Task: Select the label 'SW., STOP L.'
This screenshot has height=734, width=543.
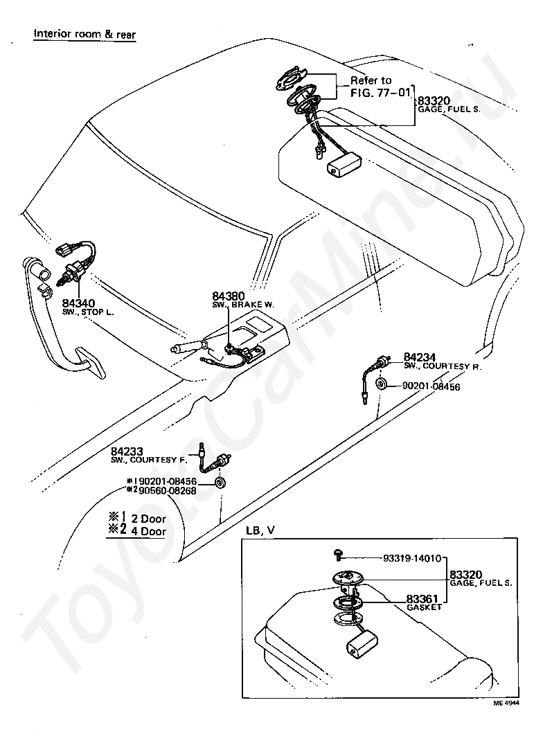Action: point(88,312)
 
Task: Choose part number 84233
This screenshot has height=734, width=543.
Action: point(125,451)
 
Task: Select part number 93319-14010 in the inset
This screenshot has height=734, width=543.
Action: point(412,558)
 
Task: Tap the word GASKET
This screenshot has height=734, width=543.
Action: point(423,607)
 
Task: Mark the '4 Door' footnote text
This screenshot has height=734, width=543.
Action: point(148,532)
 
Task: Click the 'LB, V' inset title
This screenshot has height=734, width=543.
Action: point(260,530)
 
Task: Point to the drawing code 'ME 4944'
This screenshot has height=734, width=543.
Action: point(506,722)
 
